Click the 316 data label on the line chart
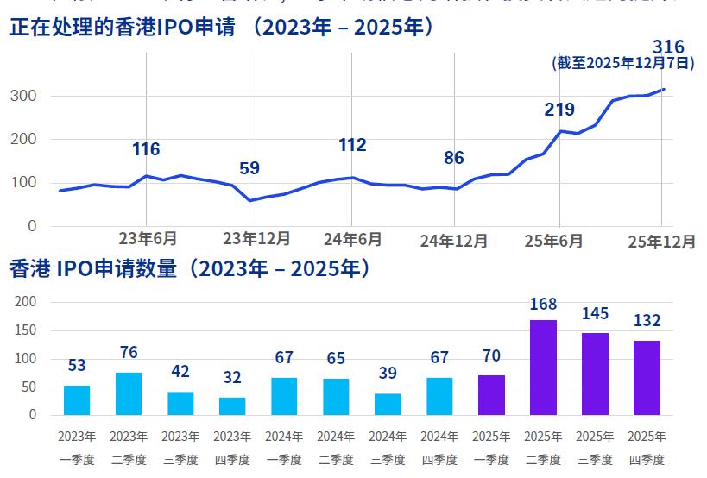pos(669,47)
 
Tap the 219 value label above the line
pos(559,110)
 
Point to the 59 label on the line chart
pos(249,168)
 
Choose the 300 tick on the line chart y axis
pos(23,96)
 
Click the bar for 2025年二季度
pos(543,368)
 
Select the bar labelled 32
pos(232,406)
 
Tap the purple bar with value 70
pos(491,394)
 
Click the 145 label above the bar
pos(595,314)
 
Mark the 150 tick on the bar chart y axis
pos(27,330)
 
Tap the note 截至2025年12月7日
pos(623,63)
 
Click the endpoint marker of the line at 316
pos(663,89)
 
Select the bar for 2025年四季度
pos(647,378)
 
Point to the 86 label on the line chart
pos(454,158)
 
